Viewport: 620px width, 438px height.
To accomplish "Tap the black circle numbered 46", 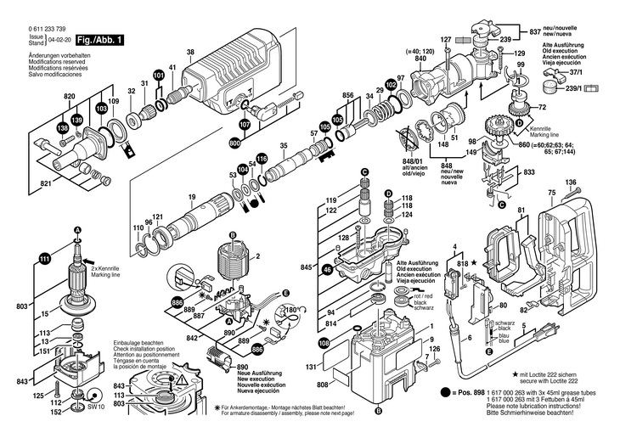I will point(327,269).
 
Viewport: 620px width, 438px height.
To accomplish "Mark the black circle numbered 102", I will point(391,85).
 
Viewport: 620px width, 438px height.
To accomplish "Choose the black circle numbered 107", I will point(244,125).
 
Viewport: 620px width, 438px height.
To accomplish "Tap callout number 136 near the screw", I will point(571,182).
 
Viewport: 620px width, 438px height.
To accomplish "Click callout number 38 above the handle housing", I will point(190,53).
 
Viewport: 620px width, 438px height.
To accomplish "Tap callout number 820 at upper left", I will point(70,97).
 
